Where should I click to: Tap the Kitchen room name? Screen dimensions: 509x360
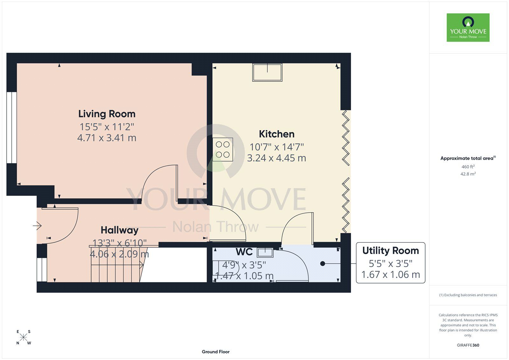276,134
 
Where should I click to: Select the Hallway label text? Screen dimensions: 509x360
120,230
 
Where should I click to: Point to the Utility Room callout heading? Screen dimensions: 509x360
390,251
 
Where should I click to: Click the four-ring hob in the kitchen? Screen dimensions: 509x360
223,149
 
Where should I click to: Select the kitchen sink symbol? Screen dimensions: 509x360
267,72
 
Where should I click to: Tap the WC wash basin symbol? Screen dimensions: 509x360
265,252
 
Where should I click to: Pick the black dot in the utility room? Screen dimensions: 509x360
323,264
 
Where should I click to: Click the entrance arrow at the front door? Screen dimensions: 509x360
37,226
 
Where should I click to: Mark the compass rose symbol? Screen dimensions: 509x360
24,337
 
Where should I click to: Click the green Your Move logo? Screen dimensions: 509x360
468,27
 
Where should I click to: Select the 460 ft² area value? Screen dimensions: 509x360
468,167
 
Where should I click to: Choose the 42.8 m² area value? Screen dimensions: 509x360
468,174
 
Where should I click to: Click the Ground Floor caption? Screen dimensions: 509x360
216,352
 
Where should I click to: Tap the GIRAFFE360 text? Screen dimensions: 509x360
468,345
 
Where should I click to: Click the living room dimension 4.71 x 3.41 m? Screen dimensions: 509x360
107,138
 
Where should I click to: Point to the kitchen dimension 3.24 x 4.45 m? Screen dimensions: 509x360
276,158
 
